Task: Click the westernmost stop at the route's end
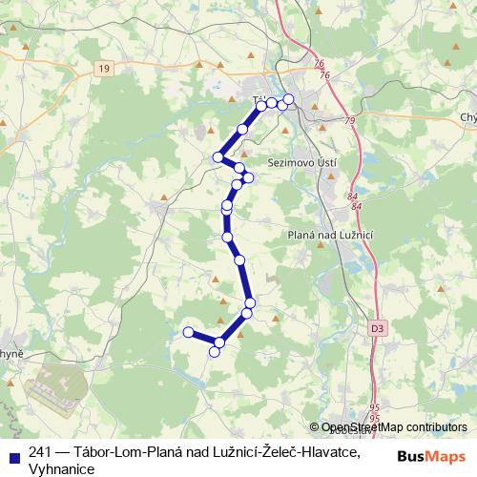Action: [188, 332]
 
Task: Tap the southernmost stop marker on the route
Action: [215, 352]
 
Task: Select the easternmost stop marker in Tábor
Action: [288, 99]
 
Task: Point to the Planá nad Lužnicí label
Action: [328, 235]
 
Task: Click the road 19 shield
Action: [104, 68]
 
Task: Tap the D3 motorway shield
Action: [378, 328]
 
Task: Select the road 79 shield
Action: [349, 121]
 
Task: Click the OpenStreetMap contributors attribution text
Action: [393, 427]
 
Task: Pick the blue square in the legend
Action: [13, 453]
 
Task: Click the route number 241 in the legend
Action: [41, 453]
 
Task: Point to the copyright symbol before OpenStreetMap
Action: [314, 427]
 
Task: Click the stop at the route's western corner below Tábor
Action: [218, 157]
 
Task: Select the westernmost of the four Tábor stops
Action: [261, 106]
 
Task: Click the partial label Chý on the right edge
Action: [467, 117]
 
